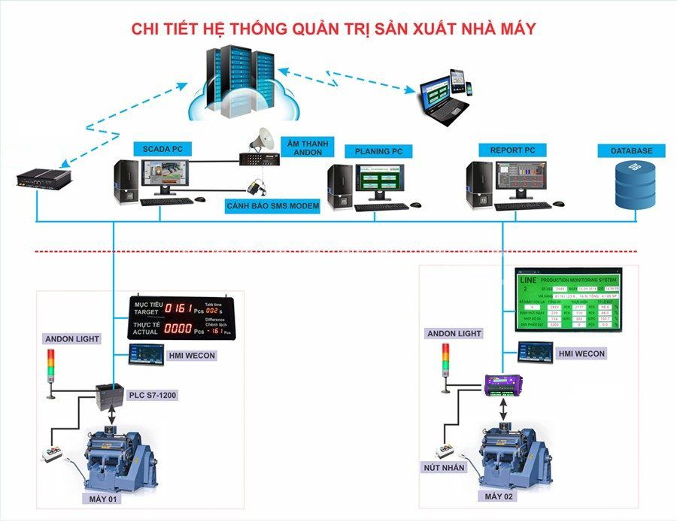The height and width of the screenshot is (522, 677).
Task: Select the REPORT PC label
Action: pyautogui.click(x=512, y=149)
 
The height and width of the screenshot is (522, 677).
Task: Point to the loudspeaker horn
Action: pyautogui.click(x=265, y=138)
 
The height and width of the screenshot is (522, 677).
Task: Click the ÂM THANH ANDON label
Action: pyautogui.click(x=302, y=147)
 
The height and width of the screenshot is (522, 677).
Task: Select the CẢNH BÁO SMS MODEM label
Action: pyautogui.click(x=273, y=205)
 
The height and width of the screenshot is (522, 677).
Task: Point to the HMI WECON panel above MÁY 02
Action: pyautogui.click(x=536, y=351)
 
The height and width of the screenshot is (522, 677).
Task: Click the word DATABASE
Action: pyautogui.click(x=631, y=151)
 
